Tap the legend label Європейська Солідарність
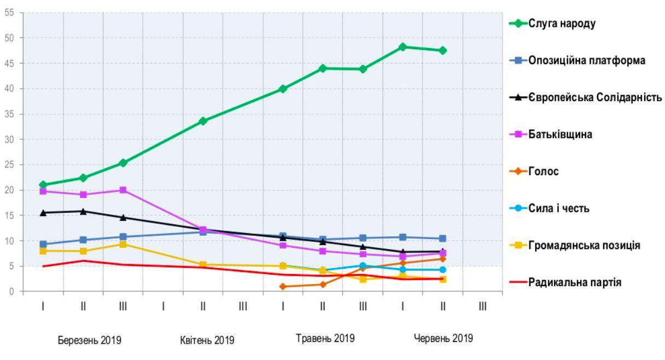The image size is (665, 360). pyautogui.click(x=595, y=97)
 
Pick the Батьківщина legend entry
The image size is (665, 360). pyautogui.click(x=560, y=134)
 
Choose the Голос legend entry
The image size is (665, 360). pyautogui.click(x=543, y=171)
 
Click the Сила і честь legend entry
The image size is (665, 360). pyautogui.click(x=558, y=208)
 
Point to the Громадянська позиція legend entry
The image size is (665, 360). pyautogui.click(x=584, y=246)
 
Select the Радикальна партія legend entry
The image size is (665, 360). pyautogui.click(x=574, y=282)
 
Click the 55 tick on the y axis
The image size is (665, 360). pyautogui.click(x=10, y=13)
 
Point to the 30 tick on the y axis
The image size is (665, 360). pyautogui.click(x=10, y=139)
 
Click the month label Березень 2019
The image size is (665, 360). pyautogui.click(x=90, y=340)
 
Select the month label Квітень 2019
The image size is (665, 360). pyautogui.click(x=207, y=340)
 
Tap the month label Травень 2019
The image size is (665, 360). pyautogui.click(x=325, y=338)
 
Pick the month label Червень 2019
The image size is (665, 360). pyautogui.click(x=443, y=338)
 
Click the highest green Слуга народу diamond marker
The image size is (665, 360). pyautogui.click(x=403, y=47)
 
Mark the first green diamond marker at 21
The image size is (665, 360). pyautogui.click(x=43, y=185)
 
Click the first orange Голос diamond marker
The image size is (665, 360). pyautogui.click(x=282, y=286)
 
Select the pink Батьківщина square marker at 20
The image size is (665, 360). pyautogui.click(x=123, y=190)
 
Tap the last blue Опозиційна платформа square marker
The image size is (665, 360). pyautogui.click(x=442, y=239)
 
